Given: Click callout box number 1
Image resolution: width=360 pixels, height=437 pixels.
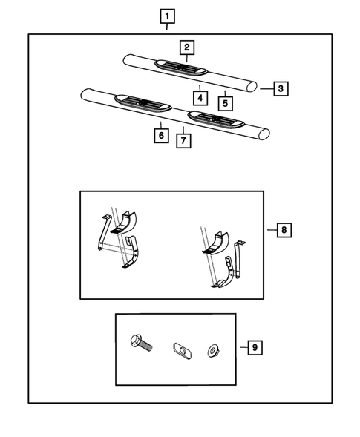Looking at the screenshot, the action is pos(167,16).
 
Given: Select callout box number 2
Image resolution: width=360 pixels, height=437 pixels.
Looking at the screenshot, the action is pos(187,47).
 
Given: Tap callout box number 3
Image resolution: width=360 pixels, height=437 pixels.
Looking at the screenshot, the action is pos(281,88).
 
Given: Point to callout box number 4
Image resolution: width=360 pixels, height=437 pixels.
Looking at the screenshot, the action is pos(200,98).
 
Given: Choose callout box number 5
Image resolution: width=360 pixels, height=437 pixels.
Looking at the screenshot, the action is pos(225,103).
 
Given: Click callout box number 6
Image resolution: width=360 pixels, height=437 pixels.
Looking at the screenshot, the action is pos(161,136).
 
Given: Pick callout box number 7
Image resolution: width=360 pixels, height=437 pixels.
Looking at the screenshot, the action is pos(183,141).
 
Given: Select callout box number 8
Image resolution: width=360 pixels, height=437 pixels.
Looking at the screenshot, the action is pos(284,230).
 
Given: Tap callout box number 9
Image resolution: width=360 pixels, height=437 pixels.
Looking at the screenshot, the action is pos(255,347).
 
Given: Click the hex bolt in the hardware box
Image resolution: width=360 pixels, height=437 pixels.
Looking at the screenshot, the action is pos(141,344).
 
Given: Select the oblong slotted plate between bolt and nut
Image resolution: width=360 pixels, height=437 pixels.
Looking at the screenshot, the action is pos(182,350).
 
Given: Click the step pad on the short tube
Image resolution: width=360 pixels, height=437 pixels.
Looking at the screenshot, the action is pos(181,68).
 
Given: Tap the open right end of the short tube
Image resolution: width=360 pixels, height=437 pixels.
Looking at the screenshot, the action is pos(252,86).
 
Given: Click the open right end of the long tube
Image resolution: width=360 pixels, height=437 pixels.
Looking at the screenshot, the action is pos(264,134).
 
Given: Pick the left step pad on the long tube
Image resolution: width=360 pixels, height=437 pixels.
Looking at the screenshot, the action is pos(143,103).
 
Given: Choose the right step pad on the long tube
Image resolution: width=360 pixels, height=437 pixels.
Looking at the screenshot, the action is pos(216,119).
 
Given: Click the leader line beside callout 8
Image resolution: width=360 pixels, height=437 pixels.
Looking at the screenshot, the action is pos(272,230).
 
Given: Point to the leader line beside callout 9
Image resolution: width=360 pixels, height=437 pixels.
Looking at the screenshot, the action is pos(244,347).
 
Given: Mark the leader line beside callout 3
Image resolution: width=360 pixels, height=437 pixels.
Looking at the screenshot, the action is pos(267,89).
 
